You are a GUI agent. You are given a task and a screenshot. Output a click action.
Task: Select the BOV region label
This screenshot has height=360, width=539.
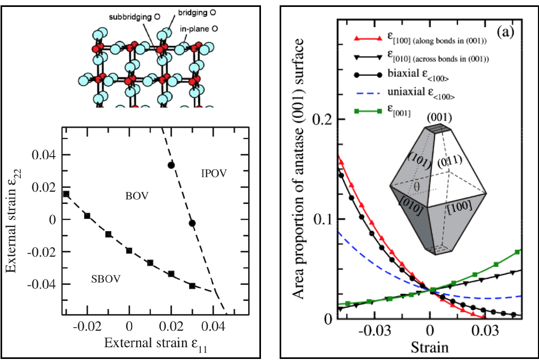coord(137,197)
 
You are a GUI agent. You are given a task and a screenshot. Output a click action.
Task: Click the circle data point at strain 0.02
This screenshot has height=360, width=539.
coord(171,165)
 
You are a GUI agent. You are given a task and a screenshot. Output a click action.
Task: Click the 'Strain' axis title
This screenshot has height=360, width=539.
coord(429,348)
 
